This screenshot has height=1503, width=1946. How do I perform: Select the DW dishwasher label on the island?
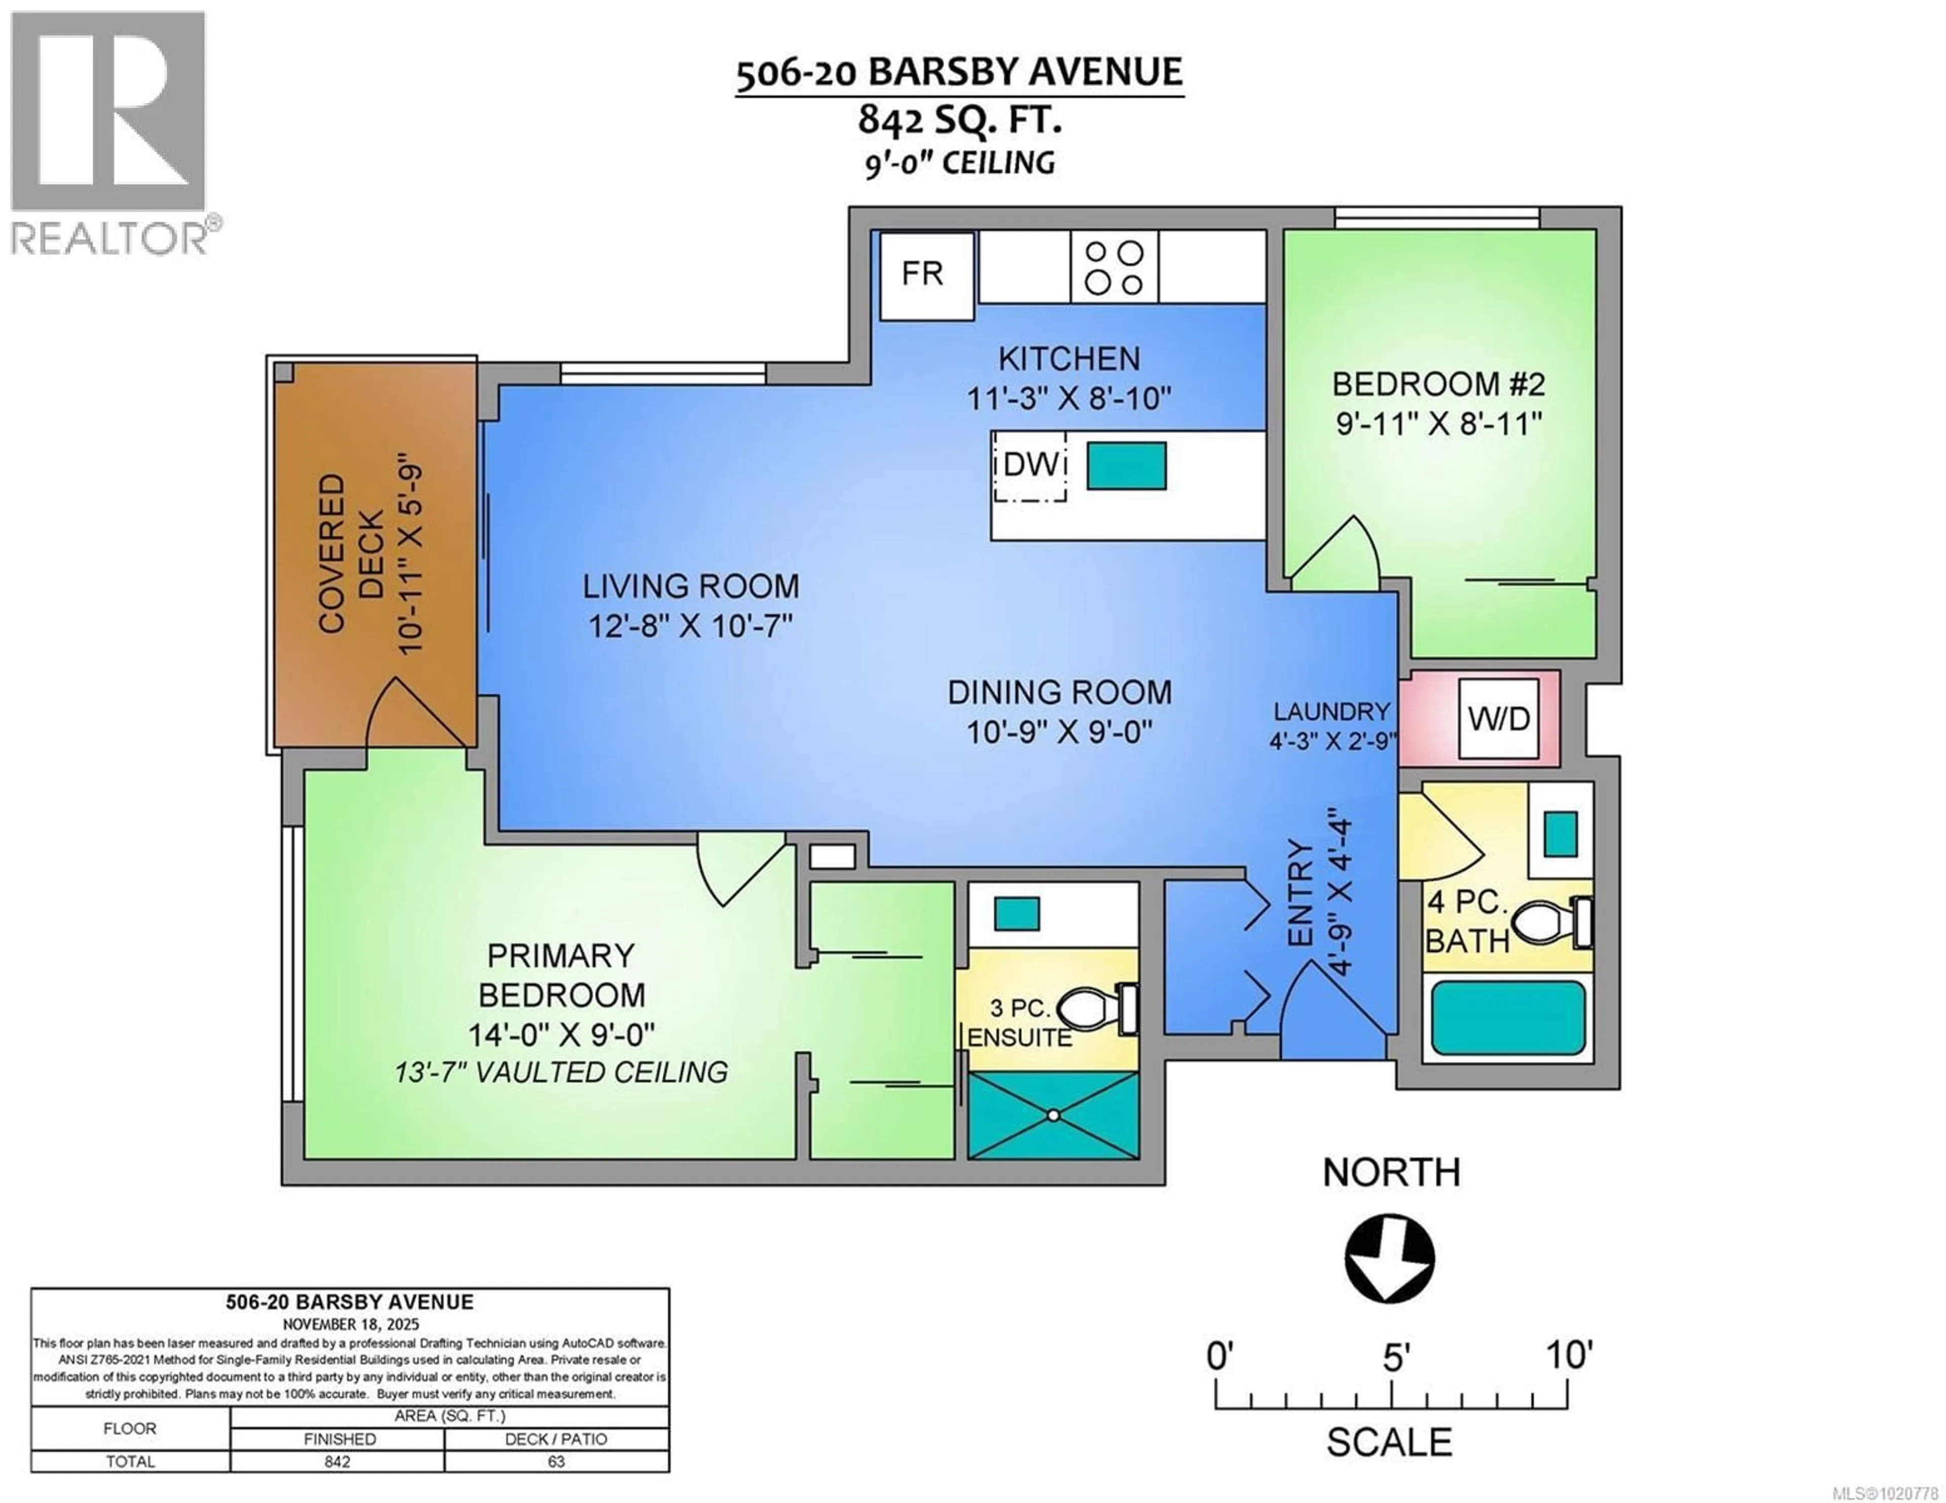click(x=1030, y=465)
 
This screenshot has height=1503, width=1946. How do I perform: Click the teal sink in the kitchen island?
click(x=1126, y=465)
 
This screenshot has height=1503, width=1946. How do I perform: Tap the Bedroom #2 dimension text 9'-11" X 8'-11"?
click(x=1438, y=423)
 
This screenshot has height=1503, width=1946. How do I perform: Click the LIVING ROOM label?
click(x=691, y=586)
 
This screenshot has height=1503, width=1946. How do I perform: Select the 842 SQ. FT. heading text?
click(x=960, y=120)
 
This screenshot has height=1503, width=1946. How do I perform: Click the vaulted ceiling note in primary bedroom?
click(x=562, y=1072)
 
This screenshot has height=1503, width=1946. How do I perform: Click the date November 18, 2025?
click(x=350, y=1325)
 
